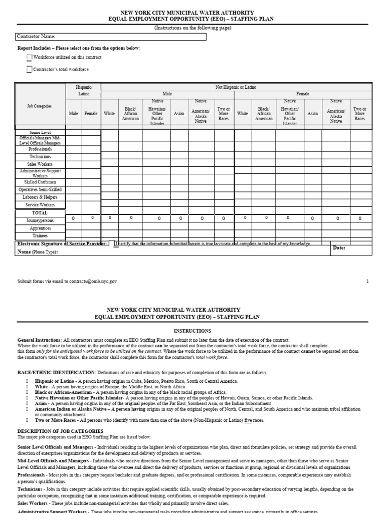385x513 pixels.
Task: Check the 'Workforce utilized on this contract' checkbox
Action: point(30,58)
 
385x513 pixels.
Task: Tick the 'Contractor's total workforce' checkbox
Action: point(30,69)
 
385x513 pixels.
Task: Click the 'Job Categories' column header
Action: point(39,106)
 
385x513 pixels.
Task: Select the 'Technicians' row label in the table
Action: point(40,157)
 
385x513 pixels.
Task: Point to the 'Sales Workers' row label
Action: point(40,164)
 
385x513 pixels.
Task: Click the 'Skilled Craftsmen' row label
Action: point(40,182)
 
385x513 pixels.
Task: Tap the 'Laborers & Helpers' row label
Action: point(40,197)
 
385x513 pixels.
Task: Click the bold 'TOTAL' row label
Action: point(40,213)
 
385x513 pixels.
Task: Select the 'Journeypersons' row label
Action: point(40,220)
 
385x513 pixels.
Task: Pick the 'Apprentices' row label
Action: point(40,228)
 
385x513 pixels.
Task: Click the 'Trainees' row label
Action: point(40,235)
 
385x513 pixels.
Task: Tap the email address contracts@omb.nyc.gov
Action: point(95,282)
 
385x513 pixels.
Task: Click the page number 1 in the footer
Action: point(367,282)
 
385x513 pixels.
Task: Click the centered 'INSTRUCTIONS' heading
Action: point(192,331)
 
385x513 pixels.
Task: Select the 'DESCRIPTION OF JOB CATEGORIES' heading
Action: point(60,431)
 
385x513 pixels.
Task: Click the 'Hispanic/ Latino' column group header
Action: point(84,90)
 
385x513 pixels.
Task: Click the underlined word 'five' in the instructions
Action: point(248,420)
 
